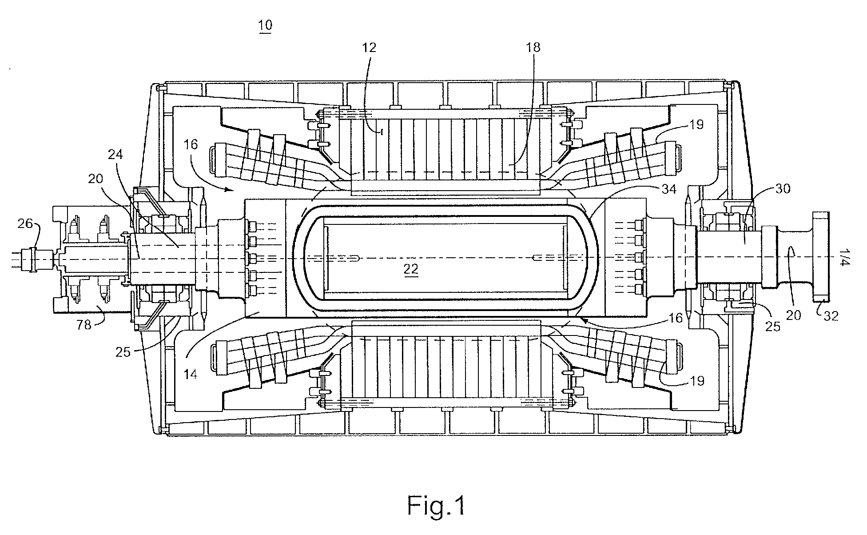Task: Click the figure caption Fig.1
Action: (436, 505)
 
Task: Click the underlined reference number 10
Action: (265, 25)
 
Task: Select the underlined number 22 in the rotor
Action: (411, 270)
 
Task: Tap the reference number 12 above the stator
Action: (369, 48)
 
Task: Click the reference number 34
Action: (668, 189)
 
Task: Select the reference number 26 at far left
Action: (25, 223)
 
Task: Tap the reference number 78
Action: (84, 325)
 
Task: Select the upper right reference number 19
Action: (697, 124)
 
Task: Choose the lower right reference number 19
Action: (697, 381)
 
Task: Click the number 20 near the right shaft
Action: (794, 315)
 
